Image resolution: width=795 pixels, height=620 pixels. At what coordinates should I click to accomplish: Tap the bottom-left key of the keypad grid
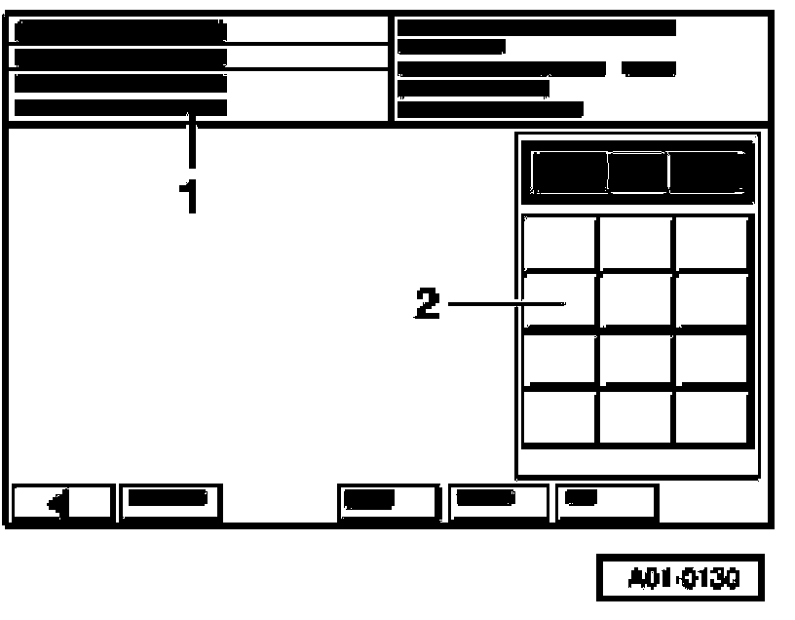(559, 417)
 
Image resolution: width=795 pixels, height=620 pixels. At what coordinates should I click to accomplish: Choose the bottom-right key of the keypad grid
(712, 417)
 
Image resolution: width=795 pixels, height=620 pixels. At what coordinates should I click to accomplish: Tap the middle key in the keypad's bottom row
(635, 417)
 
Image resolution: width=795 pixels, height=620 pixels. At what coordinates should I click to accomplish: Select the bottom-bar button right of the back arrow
(170, 501)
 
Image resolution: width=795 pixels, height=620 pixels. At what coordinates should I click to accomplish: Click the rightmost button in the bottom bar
(605, 501)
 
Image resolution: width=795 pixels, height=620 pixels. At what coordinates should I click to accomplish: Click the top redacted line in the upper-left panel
(120, 30)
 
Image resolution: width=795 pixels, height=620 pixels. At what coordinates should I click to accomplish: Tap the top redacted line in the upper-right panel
(536, 27)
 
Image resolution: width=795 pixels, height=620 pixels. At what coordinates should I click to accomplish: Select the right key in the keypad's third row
(712, 360)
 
